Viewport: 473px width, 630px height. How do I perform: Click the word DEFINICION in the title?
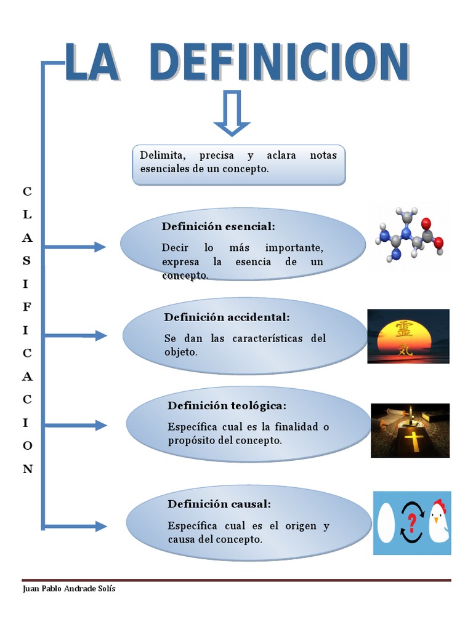coord(279,62)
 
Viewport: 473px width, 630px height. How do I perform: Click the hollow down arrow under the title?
coord(232,113)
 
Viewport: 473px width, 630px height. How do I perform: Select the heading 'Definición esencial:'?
coord(218,226)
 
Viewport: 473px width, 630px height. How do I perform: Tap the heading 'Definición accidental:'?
coord(226,317)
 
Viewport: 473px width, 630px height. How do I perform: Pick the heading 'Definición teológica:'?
coord(227,405)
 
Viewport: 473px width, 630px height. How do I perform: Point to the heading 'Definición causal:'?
coord(219,504)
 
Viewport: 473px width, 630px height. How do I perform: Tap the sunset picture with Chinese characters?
coord(408,336)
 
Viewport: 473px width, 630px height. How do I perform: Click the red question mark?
coord(412,523)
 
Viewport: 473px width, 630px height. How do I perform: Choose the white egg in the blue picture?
coord(386,523)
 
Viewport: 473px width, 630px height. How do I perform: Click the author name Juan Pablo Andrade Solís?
coord(68,589)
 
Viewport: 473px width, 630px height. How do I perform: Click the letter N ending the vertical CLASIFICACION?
coord(27,469)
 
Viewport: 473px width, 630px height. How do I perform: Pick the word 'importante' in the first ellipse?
coord(294,248)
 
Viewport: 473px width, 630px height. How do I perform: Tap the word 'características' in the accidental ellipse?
coord(254,338)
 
